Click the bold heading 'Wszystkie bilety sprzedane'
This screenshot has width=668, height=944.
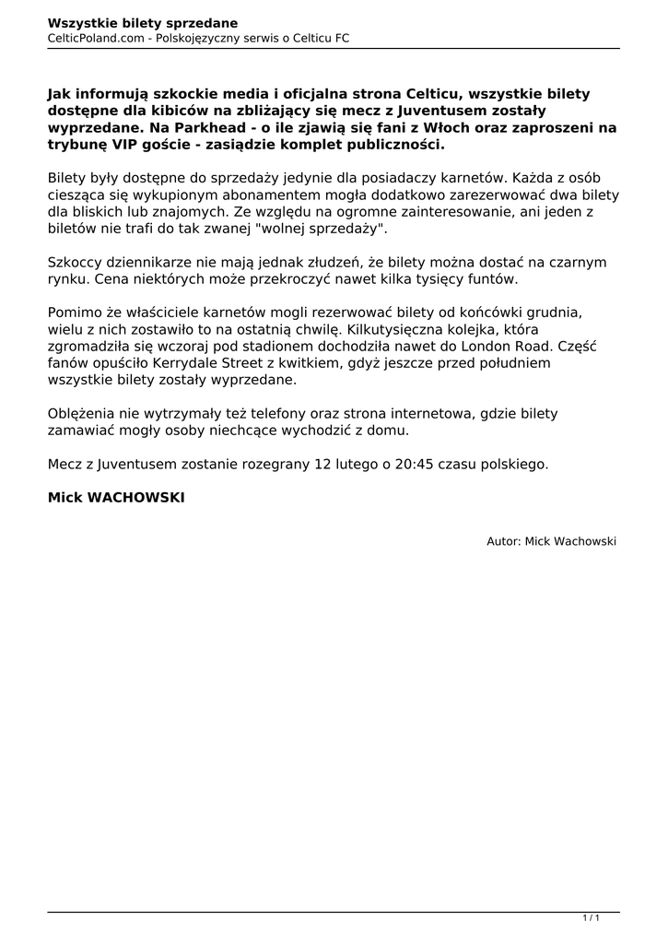tap(143, 22)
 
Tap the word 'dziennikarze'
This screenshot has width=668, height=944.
tap(150, 262)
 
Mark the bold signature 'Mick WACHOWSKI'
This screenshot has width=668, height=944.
tap(116, 497)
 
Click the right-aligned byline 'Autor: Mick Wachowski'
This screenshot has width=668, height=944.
tap(551, 541)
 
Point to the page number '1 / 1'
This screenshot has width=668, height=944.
tap(591, 917)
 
